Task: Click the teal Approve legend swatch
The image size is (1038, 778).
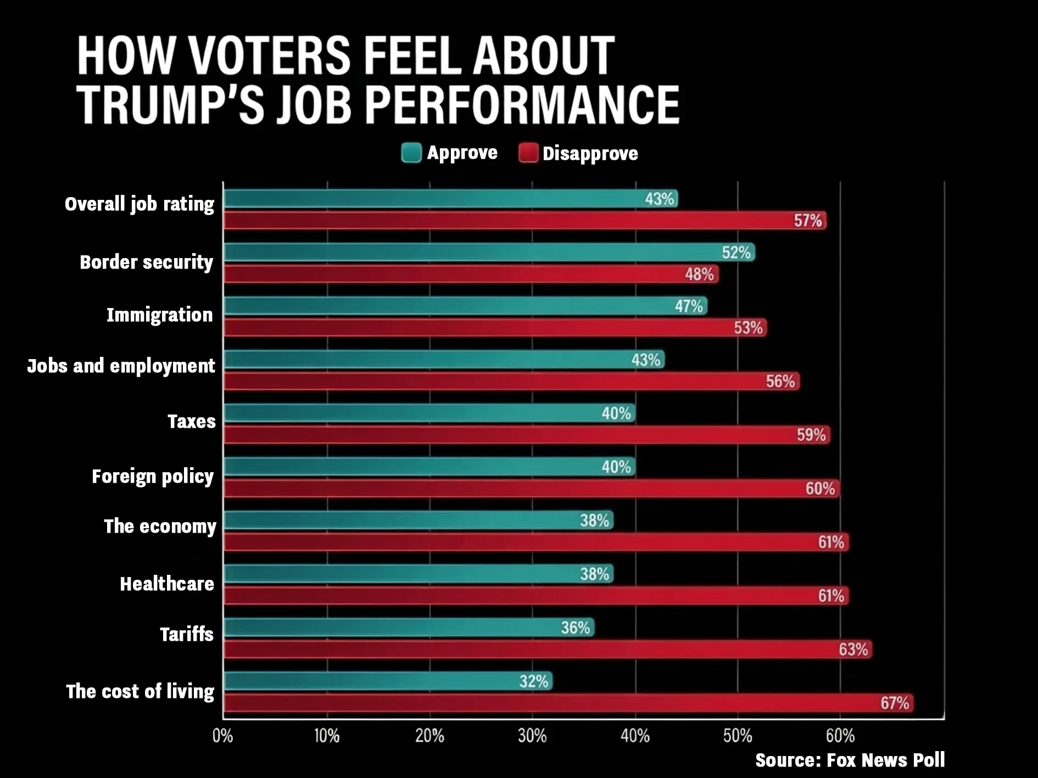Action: pos(411,153)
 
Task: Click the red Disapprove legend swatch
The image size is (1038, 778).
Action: pos(528,153)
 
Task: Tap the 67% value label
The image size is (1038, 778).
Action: pos(895,703)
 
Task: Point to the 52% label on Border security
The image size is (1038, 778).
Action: pos(736,252)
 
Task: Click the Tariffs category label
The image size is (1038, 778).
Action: pos(187,634)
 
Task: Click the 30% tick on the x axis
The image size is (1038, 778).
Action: pos(532,736)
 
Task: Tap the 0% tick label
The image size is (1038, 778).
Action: pos(222,736)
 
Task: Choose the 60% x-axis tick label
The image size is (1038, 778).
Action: pos(840,736)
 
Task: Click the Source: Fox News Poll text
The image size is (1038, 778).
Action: pos(850,760)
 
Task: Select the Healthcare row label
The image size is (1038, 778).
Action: pos(167,584)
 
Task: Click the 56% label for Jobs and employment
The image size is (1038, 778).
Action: pos(780,381)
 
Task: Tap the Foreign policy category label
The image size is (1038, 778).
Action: pos(153,476)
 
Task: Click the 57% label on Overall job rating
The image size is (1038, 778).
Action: pos(808,221)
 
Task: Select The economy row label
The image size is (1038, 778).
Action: pos(160,526)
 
